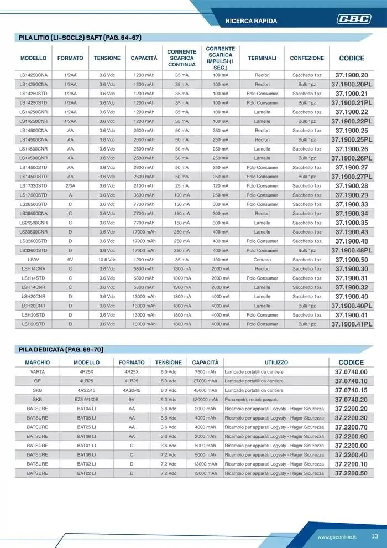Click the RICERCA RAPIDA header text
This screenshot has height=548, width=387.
[x=252, y=21]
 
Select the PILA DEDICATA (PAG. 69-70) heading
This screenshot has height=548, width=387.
[x=61, y=349]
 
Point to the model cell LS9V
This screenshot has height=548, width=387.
[x=33, y=260]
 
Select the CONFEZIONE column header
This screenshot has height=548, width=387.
[x=307, y=58]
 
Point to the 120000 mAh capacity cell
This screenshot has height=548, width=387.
[x=205, y=399]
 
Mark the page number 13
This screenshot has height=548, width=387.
[x=374, y=536]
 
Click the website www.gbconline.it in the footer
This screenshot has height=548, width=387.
[x=337, y=537]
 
